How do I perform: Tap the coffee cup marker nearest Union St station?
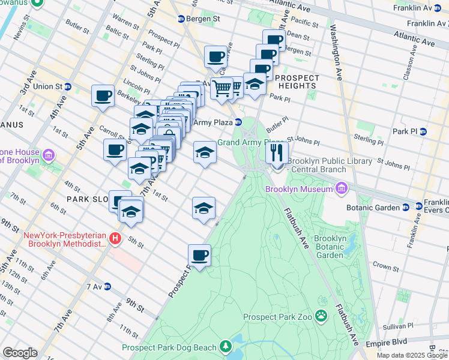coord(103,96)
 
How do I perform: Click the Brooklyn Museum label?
coord(299,190)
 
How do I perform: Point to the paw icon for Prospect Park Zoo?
coord(322,316)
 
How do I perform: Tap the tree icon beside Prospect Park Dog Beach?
coord(225,347)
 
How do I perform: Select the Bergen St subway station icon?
coord(181,19)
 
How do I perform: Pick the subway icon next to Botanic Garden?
coord(405,208)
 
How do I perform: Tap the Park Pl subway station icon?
coord(423,131)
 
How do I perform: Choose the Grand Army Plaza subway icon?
coord(238,122)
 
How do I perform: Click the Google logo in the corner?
coord(20,353)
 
